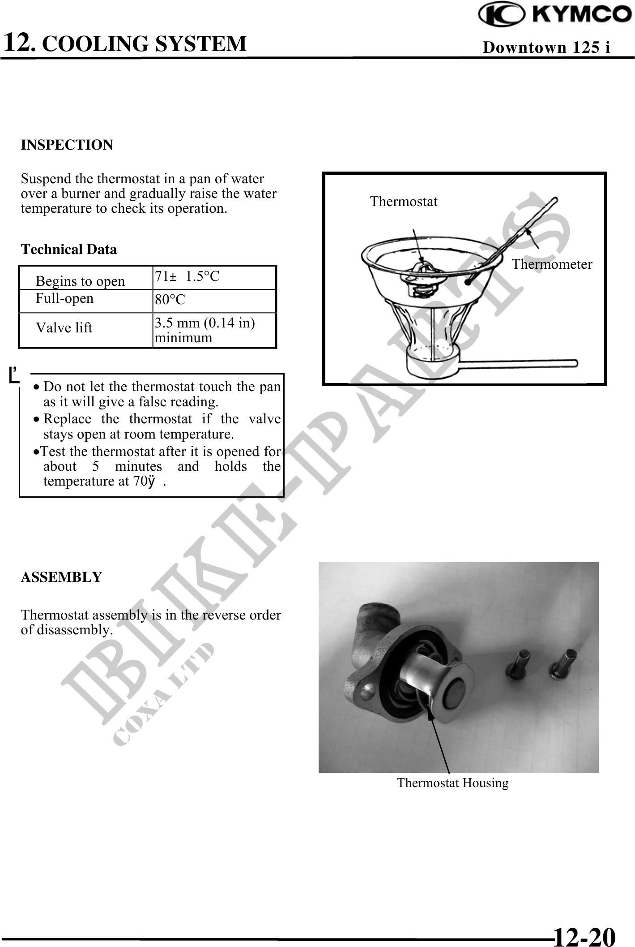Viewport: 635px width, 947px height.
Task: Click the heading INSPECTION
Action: point(67,145)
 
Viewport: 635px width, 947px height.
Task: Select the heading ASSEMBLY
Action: point(62,577)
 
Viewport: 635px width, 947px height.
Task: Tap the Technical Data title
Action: point(69,250)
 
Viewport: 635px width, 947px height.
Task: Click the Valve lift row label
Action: point(64,328)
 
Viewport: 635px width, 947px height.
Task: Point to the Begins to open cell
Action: point(81,281)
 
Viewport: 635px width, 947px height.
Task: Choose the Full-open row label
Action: point(64,298)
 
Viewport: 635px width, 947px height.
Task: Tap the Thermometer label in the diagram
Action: point(552,265)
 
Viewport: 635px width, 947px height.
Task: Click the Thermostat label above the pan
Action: point(404,202)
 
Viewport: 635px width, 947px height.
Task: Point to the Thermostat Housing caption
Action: point(453,783)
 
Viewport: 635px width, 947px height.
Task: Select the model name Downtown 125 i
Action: point(546,47)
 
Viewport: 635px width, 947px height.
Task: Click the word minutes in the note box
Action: point(138,466)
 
